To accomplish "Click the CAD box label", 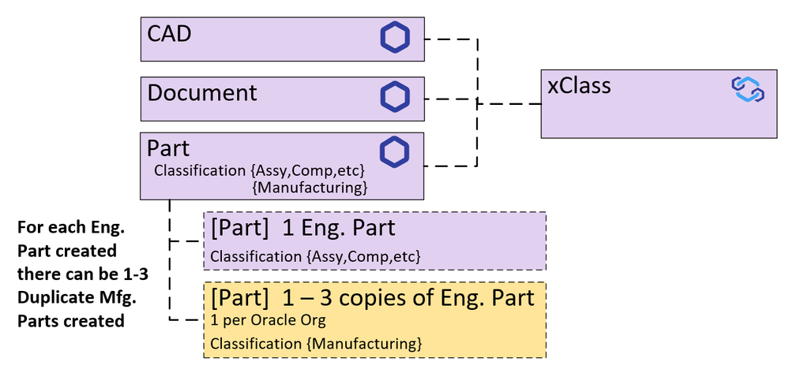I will click(x=170, y=35).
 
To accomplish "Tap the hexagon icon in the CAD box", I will click(x=395, y=38).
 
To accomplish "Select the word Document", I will click(x=202, y=93).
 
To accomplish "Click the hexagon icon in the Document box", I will click(x=395, y=96).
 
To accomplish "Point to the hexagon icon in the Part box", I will click(x=395, y=153).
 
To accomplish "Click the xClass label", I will click(x=579, y=85).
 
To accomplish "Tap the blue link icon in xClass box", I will click(x=747, y=89).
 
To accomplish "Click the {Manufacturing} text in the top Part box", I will click(x=310, y=188).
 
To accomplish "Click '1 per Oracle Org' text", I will click(x=268, y=322).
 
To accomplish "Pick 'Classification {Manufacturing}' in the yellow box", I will click(x=315, y=343).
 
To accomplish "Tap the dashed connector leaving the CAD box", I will click(x=450, y=38).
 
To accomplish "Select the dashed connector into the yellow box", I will click(x=186, y=319).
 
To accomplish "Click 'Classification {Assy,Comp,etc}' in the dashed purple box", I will click(x=315, y=256).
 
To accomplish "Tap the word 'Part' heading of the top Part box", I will click(x=168, y=149).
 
